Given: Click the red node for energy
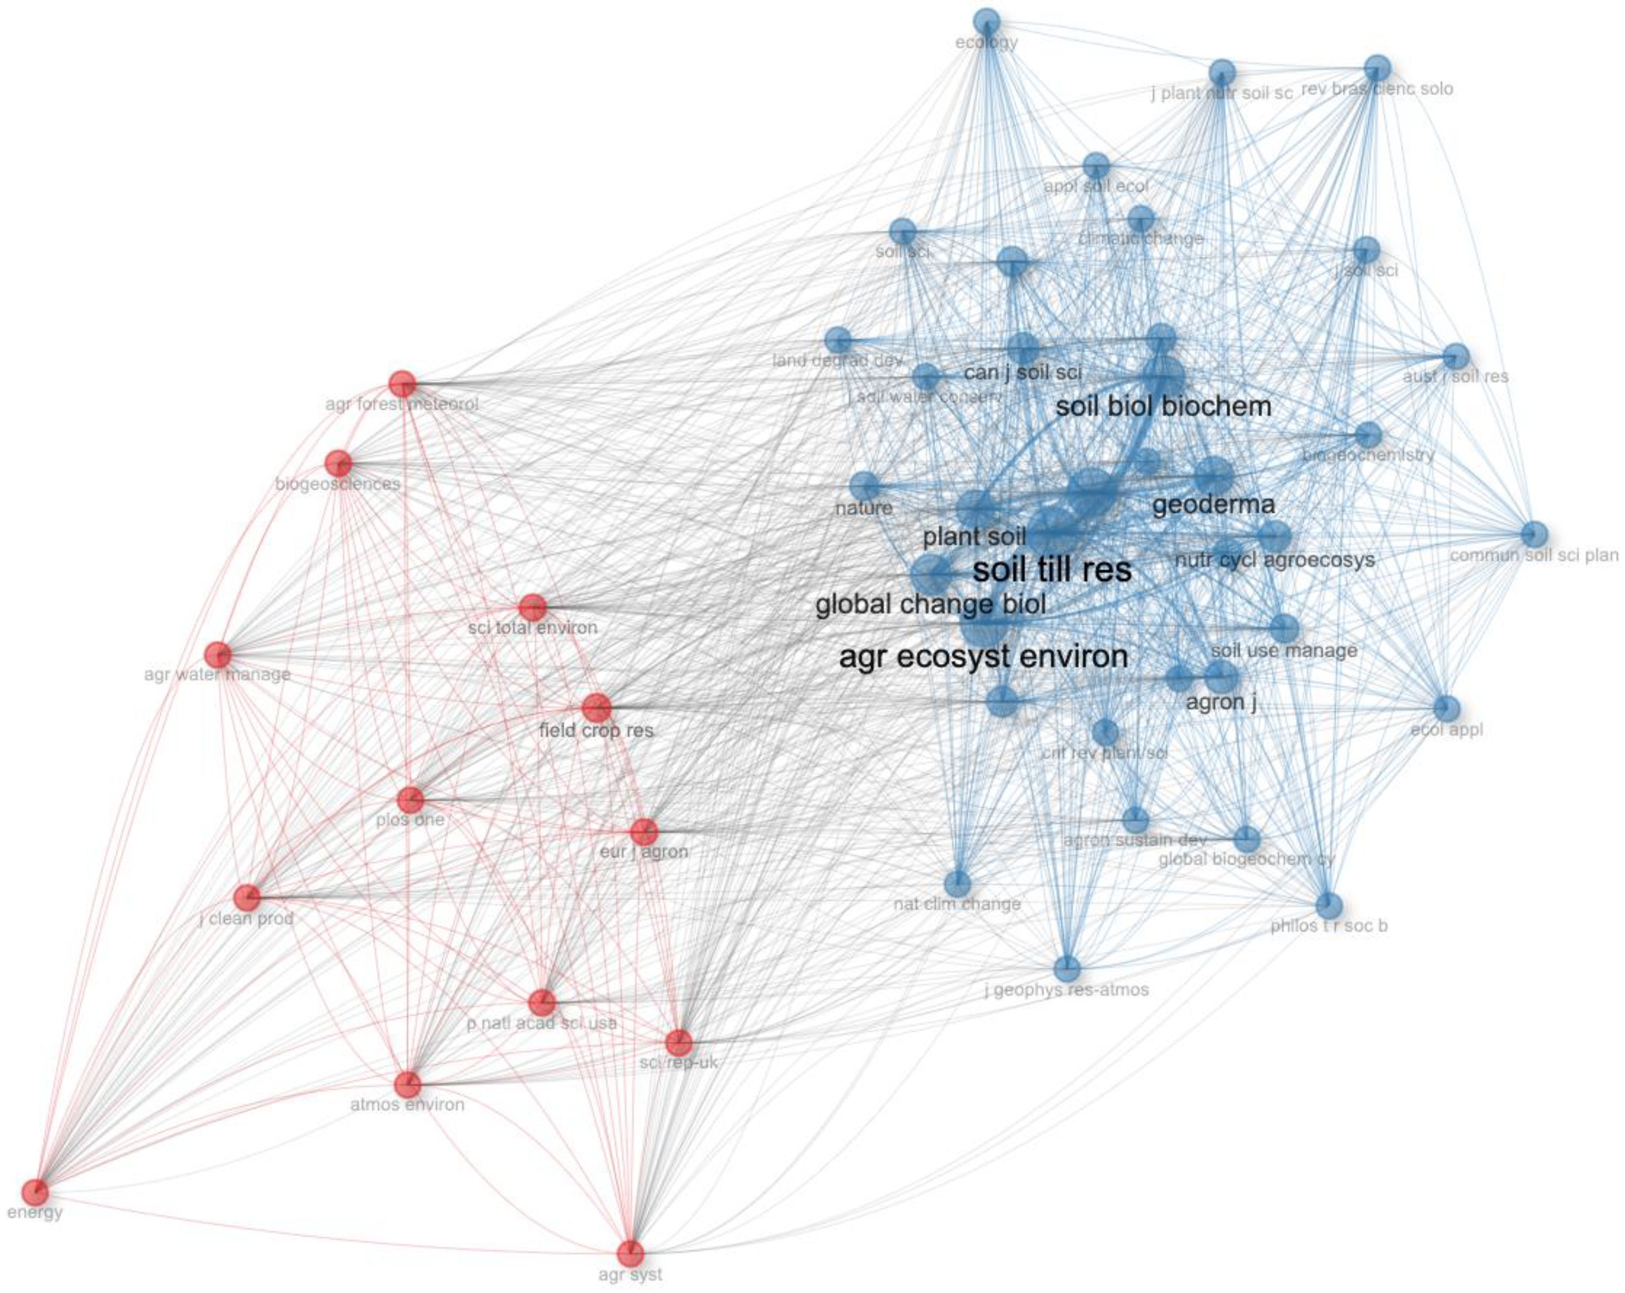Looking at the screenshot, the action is point(35,1193).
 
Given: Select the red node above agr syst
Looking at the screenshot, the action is point(631,1254).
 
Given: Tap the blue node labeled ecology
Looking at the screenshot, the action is point(986,21).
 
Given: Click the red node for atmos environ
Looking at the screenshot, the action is point(408,1085).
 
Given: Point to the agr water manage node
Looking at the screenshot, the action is point(218,655).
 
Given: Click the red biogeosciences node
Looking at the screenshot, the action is point(338,463).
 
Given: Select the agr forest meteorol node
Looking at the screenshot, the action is point(402,383).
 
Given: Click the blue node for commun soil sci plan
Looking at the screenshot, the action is point(1534,534).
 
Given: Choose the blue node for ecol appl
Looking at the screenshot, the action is point(1446,708).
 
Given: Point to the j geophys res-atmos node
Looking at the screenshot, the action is point(1067,968).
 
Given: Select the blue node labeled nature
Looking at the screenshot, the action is point(864,486).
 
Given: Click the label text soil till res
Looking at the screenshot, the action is point(1052,570).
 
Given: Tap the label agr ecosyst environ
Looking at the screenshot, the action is point(984,657).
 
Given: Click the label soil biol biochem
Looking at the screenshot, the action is point(1163,407).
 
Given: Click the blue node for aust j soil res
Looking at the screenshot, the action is point(1456,356).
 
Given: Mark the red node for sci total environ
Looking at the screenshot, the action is point(533,607).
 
